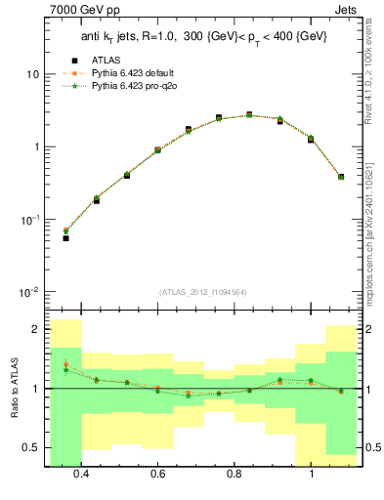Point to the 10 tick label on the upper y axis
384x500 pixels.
tap(32, 74)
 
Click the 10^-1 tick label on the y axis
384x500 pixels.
tap(29, 220)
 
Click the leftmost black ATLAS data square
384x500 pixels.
tap(65, 237)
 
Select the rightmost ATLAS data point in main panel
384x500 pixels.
tap(341, 177)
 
